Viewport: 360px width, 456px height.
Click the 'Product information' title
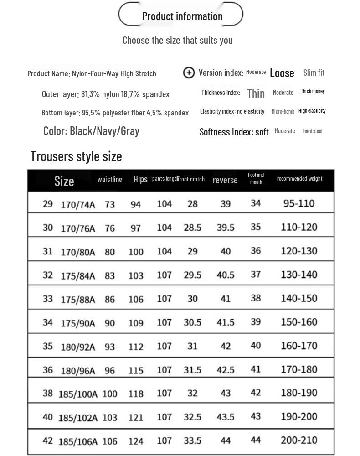[x=182, y=16]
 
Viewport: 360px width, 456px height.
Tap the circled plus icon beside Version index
[x=189, y=73]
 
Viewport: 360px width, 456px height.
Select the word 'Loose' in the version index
[x=282, y=73]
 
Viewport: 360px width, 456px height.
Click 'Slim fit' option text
[x=314, y=73]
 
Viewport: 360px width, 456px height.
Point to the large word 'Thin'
[x=256, y=93]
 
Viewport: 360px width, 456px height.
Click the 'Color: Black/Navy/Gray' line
[x=91, y=131]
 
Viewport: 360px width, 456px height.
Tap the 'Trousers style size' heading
[x=76, y=156]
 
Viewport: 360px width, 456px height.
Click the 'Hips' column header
[x=140, y=179]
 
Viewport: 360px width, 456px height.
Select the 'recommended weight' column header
[x=299, y=179]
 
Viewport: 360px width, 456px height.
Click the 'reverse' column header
[x=225, y=180]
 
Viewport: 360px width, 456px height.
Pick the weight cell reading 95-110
[x=299, y=203]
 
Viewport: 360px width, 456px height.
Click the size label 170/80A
[x=78, y=252]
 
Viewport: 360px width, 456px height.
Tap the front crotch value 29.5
[x=192, y=275]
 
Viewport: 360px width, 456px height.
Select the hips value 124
[x=136, y=441]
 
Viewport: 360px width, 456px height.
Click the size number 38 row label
[x=48, y=393]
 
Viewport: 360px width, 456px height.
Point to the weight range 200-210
[x=299, y=440]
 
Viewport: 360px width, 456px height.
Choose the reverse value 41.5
[x=226, y=322]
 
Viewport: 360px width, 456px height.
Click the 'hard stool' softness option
[x=313, y=131]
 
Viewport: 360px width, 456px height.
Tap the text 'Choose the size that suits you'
[x=178, y=40]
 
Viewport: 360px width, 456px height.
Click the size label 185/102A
[x=78, y=418]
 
